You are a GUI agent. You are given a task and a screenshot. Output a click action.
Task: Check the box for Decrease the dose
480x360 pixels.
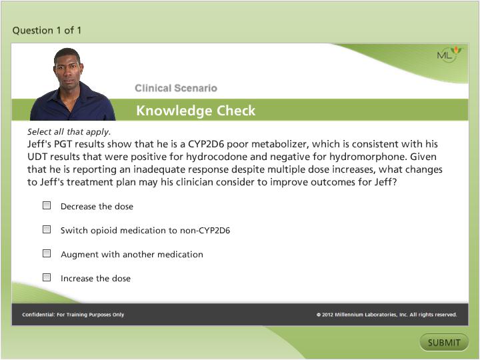pos(47,206)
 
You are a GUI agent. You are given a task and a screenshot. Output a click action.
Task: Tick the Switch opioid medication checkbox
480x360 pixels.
pos(47,229)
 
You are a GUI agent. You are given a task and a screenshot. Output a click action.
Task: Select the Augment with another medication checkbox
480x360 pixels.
pos(47,253)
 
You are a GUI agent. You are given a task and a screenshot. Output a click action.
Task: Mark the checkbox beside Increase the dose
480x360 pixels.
pos(47,277)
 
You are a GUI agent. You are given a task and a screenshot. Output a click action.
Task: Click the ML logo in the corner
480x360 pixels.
pos(447,55)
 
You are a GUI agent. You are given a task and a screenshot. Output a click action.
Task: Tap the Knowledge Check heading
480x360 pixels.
pos(195,111)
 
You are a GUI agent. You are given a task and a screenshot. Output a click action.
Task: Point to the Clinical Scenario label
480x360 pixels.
pos(175,88)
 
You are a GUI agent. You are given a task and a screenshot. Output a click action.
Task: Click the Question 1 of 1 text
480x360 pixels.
pos(47,30)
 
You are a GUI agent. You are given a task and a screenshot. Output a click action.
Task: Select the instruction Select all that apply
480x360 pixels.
pos(69,132)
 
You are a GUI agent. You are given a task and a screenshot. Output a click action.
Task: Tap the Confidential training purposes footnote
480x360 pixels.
pos(73,315)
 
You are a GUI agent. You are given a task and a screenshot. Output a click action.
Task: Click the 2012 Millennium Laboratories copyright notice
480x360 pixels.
pos(387,315)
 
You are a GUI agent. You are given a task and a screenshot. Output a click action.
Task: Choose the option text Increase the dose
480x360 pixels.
pos(95,278)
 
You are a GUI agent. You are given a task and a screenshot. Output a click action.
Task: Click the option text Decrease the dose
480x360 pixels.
pos(97,207)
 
